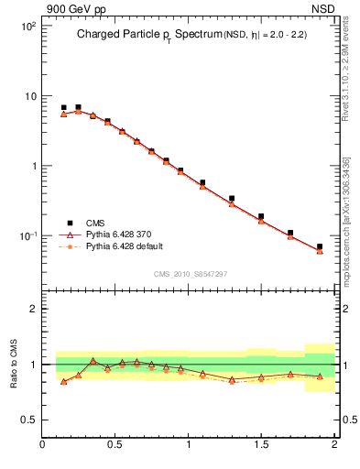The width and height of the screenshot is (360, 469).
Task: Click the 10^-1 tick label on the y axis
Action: tap(27, 235)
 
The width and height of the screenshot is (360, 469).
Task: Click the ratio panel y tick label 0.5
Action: tap(29, 420)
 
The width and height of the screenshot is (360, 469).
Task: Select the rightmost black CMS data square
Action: tap(320, 246)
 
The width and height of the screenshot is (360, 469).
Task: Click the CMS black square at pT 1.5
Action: tap(261, 216)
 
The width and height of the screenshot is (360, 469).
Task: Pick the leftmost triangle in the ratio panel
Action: tap(63, 381)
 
